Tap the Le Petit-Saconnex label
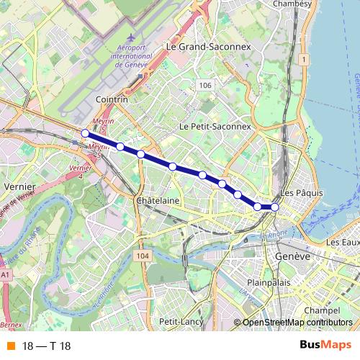tap(215, 126)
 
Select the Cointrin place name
tap(111, 100)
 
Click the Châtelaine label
tap(157, 201)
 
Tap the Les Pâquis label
tap(299, 193)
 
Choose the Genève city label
tap(292, 256)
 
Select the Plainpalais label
tap(268, 282)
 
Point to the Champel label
tap(321, 310)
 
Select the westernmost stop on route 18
tap(85, 133)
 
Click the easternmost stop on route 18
tap(274, 207)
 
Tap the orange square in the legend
tap(9, 346)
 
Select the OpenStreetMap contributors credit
tap(297, 323)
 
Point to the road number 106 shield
tap(205, 86)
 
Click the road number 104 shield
tap(142, 256)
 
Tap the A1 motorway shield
tap(6, 274)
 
